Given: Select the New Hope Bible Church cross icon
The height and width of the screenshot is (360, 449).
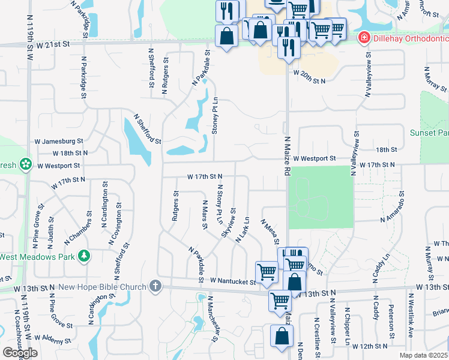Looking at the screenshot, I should pos(155,286).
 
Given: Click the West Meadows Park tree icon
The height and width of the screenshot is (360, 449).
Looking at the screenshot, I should pos(85,257).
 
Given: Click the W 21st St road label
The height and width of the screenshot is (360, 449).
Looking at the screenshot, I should pos(53,44).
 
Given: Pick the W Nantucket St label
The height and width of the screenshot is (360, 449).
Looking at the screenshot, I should pos(232,280).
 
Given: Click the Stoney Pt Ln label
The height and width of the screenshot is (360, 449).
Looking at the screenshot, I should pos(214,118).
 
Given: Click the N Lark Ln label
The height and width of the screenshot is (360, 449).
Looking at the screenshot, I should pos(243,230).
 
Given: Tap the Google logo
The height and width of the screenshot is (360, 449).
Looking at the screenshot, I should pos(20,352).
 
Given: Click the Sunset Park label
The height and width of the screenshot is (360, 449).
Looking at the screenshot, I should pos(429,133).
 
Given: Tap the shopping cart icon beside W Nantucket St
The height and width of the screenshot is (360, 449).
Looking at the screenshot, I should pos(267,272).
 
